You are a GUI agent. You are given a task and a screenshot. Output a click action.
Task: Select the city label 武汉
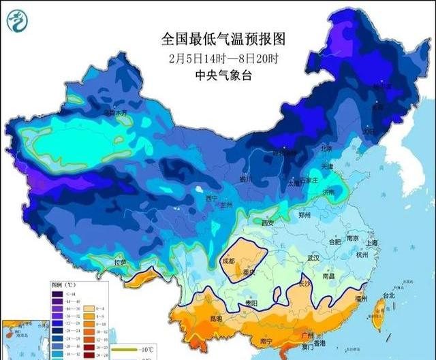coord(313,258)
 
